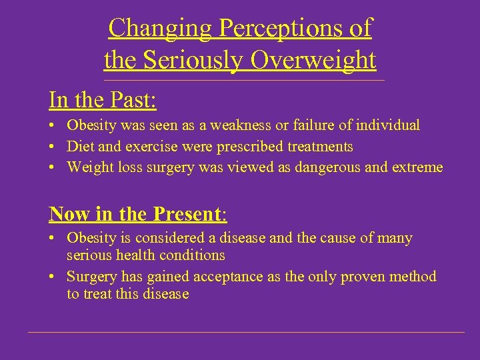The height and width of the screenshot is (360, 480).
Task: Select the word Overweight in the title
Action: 313,60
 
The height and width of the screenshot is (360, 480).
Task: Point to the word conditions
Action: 192,255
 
